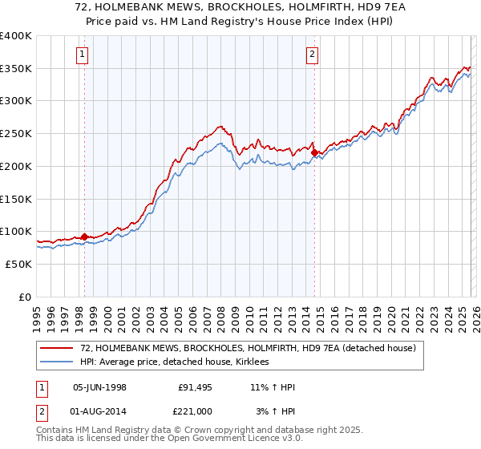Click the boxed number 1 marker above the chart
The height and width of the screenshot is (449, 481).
(84, 55)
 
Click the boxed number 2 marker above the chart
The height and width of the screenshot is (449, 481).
(312, 55)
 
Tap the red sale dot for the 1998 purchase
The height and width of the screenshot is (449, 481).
(85, 237)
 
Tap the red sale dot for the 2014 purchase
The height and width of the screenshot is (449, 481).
(314, 152)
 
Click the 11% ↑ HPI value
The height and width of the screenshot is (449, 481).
(273, 387)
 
